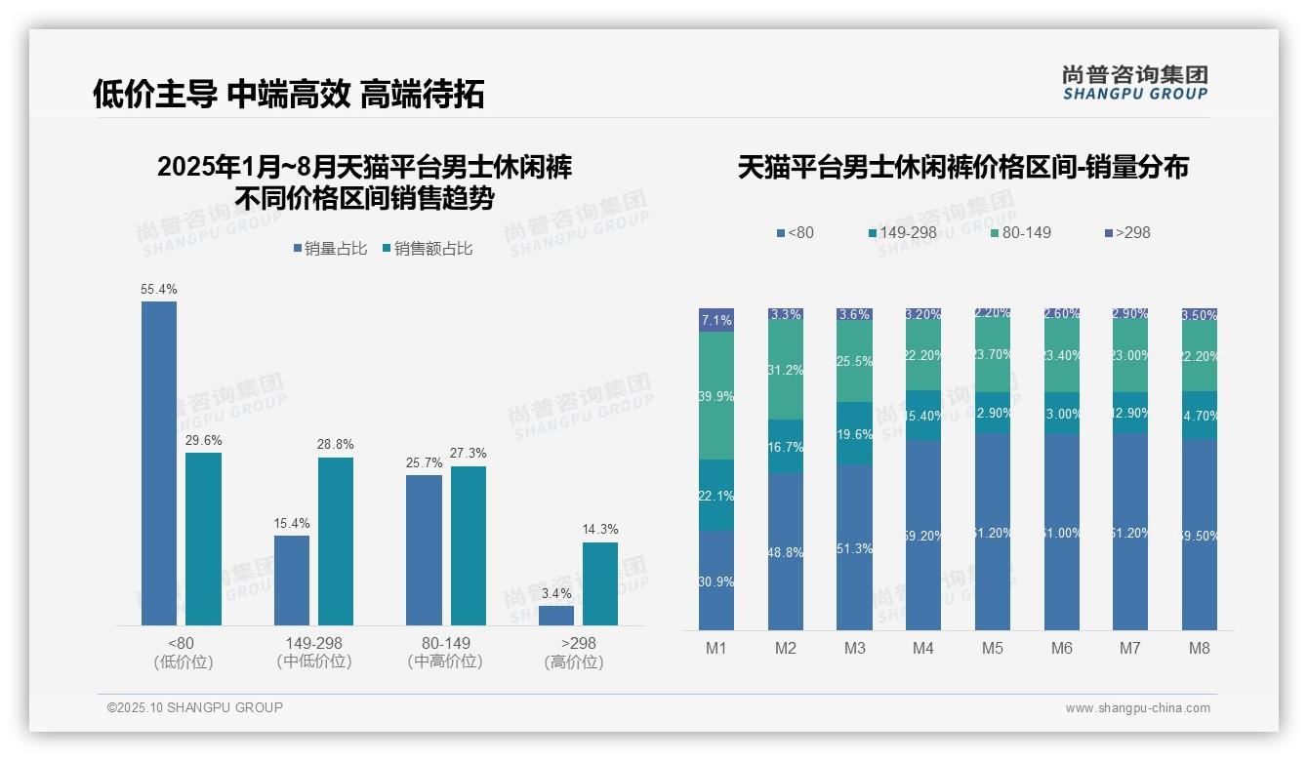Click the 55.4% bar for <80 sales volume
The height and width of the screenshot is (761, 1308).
(159, 463)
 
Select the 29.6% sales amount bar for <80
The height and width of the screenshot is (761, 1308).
(203, 539)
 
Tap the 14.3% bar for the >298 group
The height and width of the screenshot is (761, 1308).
(599, 583)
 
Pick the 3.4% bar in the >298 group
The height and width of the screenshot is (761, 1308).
(555, 616)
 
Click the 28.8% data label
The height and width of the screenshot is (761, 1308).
(336, 444)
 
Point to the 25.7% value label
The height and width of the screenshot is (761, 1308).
(424, 462)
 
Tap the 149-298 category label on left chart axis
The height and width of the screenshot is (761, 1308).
(314, 643)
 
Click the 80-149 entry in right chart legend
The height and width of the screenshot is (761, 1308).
(1026, 232)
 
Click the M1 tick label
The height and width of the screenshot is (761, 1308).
(715, 649)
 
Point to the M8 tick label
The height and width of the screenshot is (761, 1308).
(1199, 649)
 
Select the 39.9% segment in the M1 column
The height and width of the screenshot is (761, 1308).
(715, 395)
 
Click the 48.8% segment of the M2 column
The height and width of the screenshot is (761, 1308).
(785, 551)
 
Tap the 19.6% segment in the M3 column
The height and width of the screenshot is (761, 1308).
(854, 433)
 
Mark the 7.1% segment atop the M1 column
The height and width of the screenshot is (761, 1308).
(715, 320)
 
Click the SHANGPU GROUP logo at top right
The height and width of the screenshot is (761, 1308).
(1134, 83)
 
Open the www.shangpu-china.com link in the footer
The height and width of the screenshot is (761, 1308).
(1137, 708)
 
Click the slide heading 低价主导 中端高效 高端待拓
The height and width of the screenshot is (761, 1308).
(288, 95)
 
